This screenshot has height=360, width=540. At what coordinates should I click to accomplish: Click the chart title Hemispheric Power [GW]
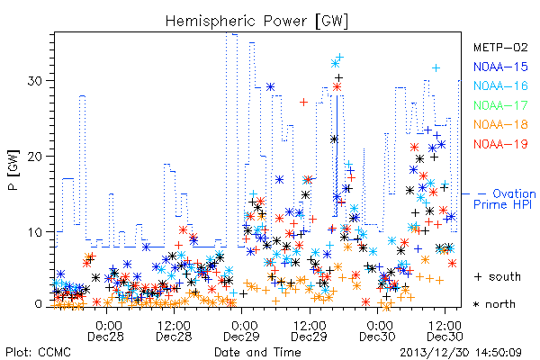click(256, 22)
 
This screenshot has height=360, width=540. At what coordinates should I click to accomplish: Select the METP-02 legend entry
click(500, 48)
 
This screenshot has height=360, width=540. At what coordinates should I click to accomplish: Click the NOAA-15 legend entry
click(500, 67)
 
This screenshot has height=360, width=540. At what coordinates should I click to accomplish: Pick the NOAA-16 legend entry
click(500, 85)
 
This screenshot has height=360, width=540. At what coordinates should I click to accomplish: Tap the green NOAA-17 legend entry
click(500, 105)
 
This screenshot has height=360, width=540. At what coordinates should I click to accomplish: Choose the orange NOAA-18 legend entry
click(500, 124)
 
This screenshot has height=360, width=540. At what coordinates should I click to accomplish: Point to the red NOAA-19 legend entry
click(500, 144)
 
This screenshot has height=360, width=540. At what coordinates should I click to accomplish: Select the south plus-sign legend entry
click(498, 276)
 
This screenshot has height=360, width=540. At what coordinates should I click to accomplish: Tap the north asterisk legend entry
click(494, 304)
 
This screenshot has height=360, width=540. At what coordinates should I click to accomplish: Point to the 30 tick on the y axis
click(35, 81)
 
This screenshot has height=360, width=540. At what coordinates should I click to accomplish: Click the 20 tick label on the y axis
click(35, 157)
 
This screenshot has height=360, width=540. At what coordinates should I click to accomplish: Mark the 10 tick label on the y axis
click(35, 232)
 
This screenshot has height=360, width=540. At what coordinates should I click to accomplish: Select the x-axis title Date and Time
click(257, 353)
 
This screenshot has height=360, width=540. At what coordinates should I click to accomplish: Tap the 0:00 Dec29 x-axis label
click(242, 331)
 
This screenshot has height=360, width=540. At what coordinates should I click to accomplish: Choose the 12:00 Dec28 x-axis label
click(174, 331)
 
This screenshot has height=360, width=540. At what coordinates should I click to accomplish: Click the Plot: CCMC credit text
click(38, 353)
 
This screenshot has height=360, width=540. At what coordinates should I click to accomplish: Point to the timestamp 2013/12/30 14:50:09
click(461, 353)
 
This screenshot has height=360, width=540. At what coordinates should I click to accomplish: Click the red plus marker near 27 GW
click(304, 102)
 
